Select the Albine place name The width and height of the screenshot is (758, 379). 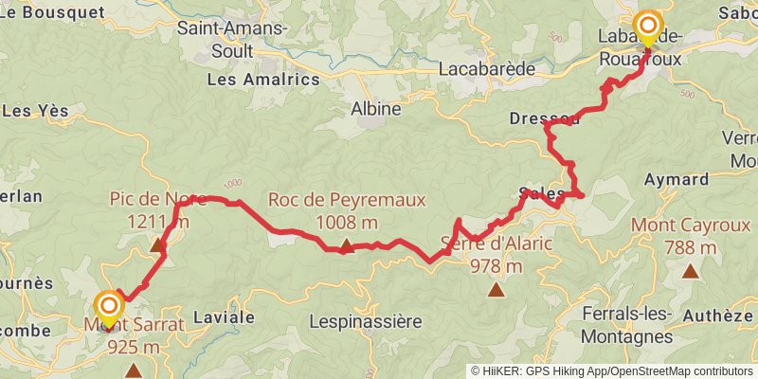click(376, 109)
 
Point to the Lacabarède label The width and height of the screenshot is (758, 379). click(488, 69)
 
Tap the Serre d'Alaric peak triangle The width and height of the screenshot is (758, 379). click(495, 290)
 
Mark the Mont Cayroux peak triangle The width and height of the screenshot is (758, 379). click(692, 271)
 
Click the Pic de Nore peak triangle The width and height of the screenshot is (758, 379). click(157, 245)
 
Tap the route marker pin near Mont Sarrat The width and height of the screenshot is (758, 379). click(109, 307)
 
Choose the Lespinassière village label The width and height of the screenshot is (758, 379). click(366, 322)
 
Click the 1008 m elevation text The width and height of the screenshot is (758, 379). click(347, 223)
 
